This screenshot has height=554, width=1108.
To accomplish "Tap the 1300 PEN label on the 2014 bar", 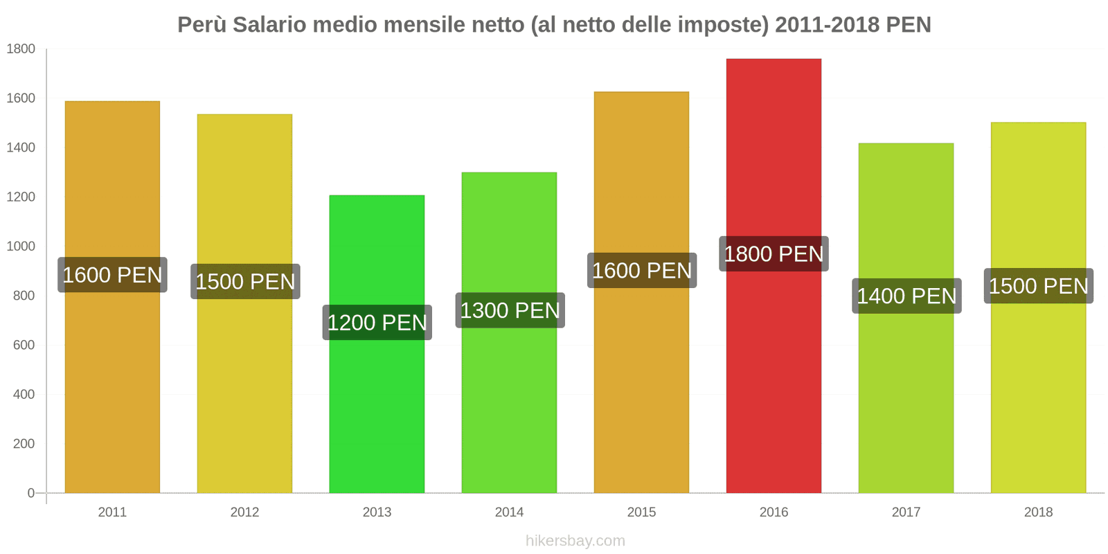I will click(x=510, y=310).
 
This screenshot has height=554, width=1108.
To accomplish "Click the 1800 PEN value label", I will click(x=774, y=254).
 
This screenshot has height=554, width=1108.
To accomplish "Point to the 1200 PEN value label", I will click(x=377, y=323).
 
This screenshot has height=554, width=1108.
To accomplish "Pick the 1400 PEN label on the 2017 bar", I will click(x=906, y=296).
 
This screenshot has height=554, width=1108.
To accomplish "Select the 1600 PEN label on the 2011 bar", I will click(x=112, y=275).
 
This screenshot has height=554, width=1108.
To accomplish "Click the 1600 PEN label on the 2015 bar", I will click(x=641, y=271).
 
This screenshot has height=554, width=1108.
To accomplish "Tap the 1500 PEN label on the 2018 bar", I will click(x=1038, y=286).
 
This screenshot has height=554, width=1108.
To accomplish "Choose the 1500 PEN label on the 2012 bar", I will click(x=245, y=282).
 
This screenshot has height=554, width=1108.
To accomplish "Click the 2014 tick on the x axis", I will click(x=509, y=512).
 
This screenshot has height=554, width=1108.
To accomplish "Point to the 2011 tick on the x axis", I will click(x=112, y=512).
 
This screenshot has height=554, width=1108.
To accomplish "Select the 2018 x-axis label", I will click(x=1038, y=512).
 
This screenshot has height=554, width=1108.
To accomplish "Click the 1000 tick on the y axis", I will click(x=21, y=247).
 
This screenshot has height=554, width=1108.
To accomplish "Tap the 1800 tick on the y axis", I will click(x=21, y=49).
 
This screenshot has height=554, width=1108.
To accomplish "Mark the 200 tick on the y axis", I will click(x=24, y=444).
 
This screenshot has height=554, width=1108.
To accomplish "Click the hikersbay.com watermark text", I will click(x=575, y=541).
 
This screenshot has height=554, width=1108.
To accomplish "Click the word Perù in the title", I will click(x=202, y=25).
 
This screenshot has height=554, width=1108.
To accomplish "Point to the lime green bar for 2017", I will click(x=906, y=402).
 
